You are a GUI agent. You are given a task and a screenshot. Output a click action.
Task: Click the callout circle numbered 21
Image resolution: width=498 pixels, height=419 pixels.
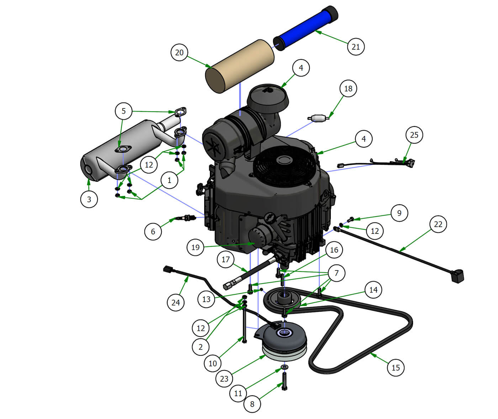point(356,47)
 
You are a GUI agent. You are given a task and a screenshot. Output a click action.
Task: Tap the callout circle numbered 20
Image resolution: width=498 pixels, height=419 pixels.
point(179,52)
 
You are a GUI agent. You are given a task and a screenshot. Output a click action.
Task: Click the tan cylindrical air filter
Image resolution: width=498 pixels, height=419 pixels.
point(240,66)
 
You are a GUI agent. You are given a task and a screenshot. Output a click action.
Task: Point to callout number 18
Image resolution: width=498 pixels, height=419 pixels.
point(348,88)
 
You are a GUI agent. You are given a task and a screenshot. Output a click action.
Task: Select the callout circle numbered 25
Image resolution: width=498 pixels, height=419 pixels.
point(414,135)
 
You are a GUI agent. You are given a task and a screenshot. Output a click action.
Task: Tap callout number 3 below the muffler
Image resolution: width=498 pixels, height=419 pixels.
point(89,199)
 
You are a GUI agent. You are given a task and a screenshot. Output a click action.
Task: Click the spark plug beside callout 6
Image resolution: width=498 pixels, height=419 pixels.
point(186,217)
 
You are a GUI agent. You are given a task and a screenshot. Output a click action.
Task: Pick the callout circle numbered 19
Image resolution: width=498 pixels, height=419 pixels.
point(195,247)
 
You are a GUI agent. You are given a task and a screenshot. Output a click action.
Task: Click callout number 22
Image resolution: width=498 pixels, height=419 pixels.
point(438,224)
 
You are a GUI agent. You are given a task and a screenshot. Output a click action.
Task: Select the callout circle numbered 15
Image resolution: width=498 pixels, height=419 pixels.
point(396,367)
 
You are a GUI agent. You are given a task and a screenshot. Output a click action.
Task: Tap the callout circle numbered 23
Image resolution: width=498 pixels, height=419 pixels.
point(224,378)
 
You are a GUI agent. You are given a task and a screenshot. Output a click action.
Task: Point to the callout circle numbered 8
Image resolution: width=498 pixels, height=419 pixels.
point(252,404)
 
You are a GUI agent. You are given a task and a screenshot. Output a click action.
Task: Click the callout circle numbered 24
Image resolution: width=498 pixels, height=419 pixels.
point(175,302)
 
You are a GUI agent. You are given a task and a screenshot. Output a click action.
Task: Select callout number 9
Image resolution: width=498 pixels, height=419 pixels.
point(399,213)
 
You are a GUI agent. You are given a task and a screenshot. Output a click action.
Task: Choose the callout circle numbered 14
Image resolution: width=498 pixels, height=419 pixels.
point(373,290)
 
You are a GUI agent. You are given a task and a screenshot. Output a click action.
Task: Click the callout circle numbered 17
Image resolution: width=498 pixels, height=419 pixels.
point(226,259)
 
